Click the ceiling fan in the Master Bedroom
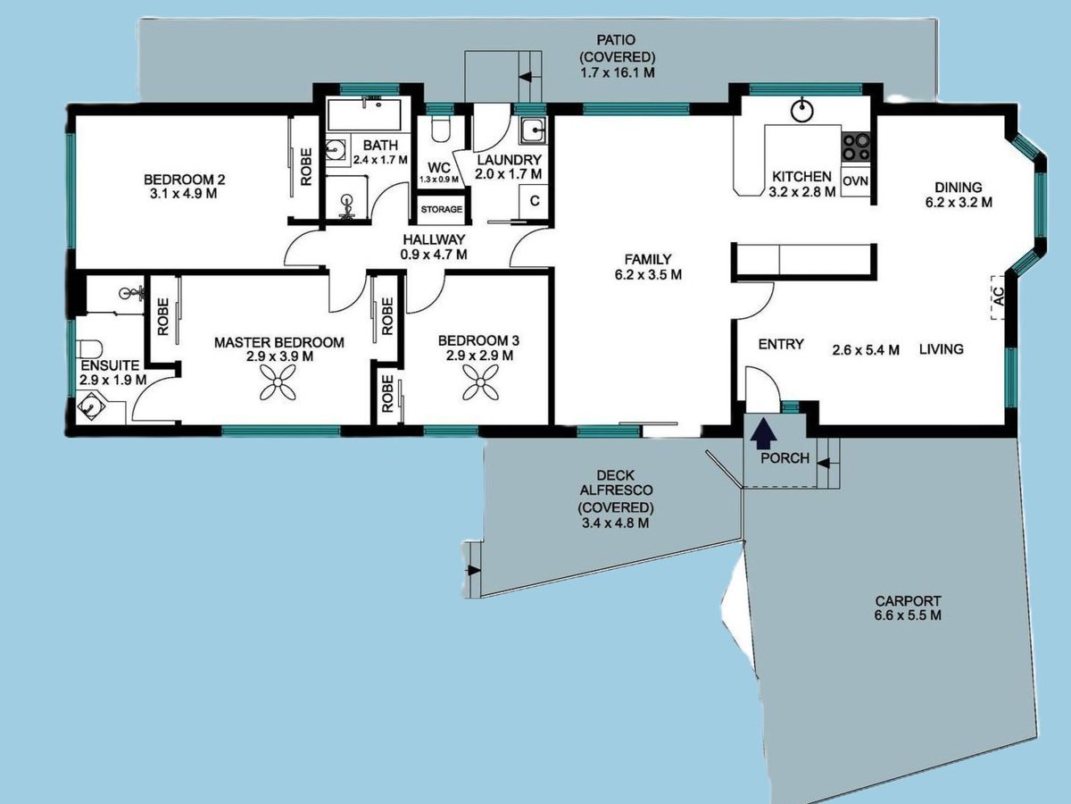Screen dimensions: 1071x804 [278, 382]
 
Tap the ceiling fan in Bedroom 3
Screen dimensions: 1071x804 [480, 382]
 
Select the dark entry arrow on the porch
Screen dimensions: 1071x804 [763, 432]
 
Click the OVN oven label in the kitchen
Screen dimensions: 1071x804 [855, 181]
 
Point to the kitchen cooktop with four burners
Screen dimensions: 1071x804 [856, 147]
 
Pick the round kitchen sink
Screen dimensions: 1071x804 [802, 110]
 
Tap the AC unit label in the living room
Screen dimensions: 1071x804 [999, 297]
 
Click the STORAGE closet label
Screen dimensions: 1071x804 [442, 209]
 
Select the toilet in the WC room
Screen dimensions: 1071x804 [441, 130]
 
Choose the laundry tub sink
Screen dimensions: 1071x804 [532, 130]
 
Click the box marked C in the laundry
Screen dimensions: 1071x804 [535, 201]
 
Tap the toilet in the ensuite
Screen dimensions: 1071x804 [89, 349]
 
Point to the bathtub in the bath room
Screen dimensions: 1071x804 [364, 114]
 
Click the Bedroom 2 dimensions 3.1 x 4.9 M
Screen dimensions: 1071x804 [184, 194]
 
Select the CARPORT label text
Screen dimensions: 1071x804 [908, 601]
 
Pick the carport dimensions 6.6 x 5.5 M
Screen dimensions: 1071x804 [908, 616]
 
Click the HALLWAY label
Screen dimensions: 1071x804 [434, 239]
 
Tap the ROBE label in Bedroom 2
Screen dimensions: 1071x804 [306, 167]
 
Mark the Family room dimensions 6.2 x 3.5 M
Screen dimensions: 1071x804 [648, 275]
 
